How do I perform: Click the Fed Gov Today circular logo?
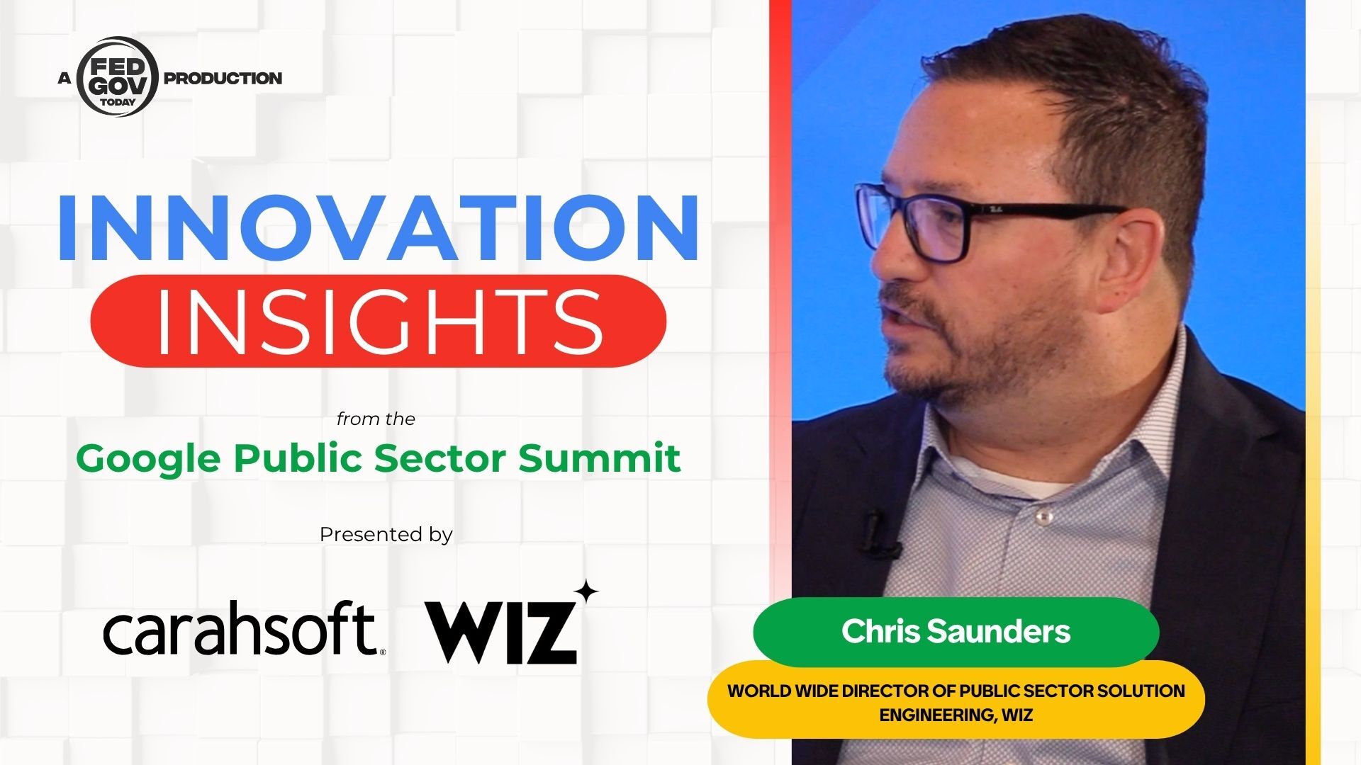[117, 76]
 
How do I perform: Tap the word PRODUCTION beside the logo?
[223, 78]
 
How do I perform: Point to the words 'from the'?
[376, 419]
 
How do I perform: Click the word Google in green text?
[148, 460]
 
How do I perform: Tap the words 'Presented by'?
[386, 534]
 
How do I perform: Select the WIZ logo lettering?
[500, 632]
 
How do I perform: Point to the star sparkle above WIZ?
[585, 593]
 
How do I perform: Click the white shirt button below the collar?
[1042, 519]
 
